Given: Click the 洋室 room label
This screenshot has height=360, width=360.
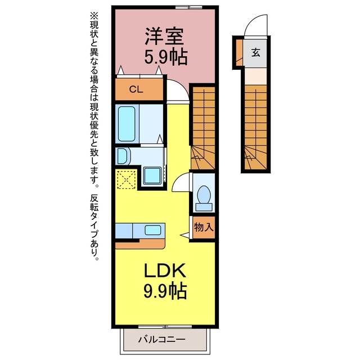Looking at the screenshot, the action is coord(164,36).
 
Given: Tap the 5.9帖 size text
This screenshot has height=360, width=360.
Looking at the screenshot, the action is coord(166,56).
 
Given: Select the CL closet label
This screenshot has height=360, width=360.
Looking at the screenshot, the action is coord(136,89).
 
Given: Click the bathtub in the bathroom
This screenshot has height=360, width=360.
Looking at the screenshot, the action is coord(126,124).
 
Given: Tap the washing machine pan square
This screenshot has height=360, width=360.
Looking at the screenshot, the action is coord(152,175).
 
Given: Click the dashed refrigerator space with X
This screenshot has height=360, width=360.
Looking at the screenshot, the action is coord(126,179).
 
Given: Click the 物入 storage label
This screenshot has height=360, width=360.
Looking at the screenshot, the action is coord(204,227).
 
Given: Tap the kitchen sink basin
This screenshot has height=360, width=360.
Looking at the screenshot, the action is coord(152,230).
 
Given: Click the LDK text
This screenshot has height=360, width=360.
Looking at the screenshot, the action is coord(165,271).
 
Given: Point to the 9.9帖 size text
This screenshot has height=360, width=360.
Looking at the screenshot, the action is coord(165,291).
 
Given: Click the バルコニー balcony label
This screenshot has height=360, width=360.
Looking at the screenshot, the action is coord(161,339).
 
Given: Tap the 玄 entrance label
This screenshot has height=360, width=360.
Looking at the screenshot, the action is coord(255,52).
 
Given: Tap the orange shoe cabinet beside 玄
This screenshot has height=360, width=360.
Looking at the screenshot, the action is coord(239,52).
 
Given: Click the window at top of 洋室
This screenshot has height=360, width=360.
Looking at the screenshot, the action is coord(189,7).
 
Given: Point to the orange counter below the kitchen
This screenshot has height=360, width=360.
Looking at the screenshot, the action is coord(140,244).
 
